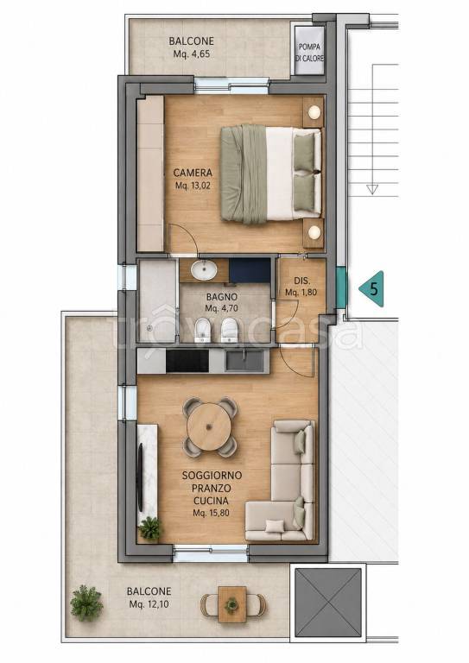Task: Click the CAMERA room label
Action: [193, 173]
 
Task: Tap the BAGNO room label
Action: [222, 297]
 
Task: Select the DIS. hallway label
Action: [302, 281]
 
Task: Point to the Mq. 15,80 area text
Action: [208, 514]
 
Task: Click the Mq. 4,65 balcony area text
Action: [192, 54]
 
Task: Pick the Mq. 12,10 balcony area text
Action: [149, 604]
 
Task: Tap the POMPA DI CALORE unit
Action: [309, 51]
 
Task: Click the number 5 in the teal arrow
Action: [374, 289]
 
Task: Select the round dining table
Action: [209, 426]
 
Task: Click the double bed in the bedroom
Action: [270, 174]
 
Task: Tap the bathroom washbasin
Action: [204, 270]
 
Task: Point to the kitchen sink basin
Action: [244, 361]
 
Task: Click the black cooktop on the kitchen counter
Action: [187, 362]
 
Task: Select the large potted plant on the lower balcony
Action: [86, 603]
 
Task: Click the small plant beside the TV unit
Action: [149, 528]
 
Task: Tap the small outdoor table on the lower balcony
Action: [232, 604]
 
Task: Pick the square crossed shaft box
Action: [328, 602]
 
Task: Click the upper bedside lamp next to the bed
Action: [314, 112]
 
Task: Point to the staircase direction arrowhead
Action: [372, 189]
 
